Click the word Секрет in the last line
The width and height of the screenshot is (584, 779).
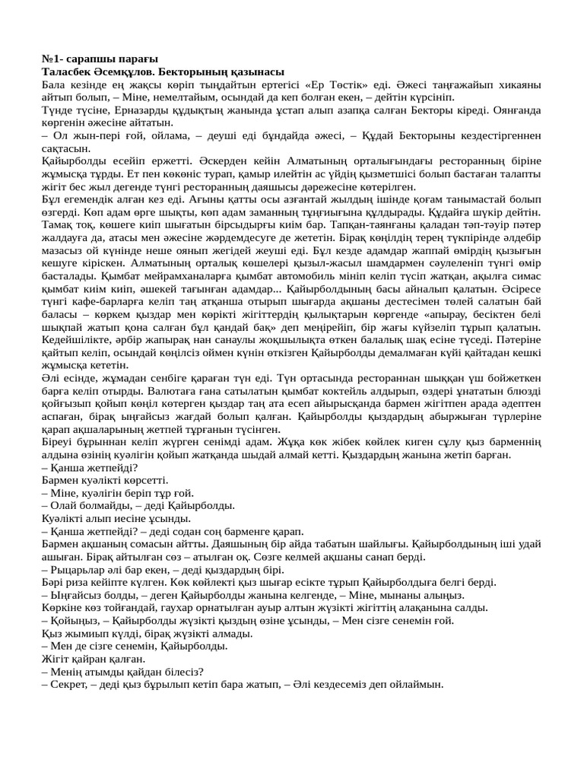(69, 684)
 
